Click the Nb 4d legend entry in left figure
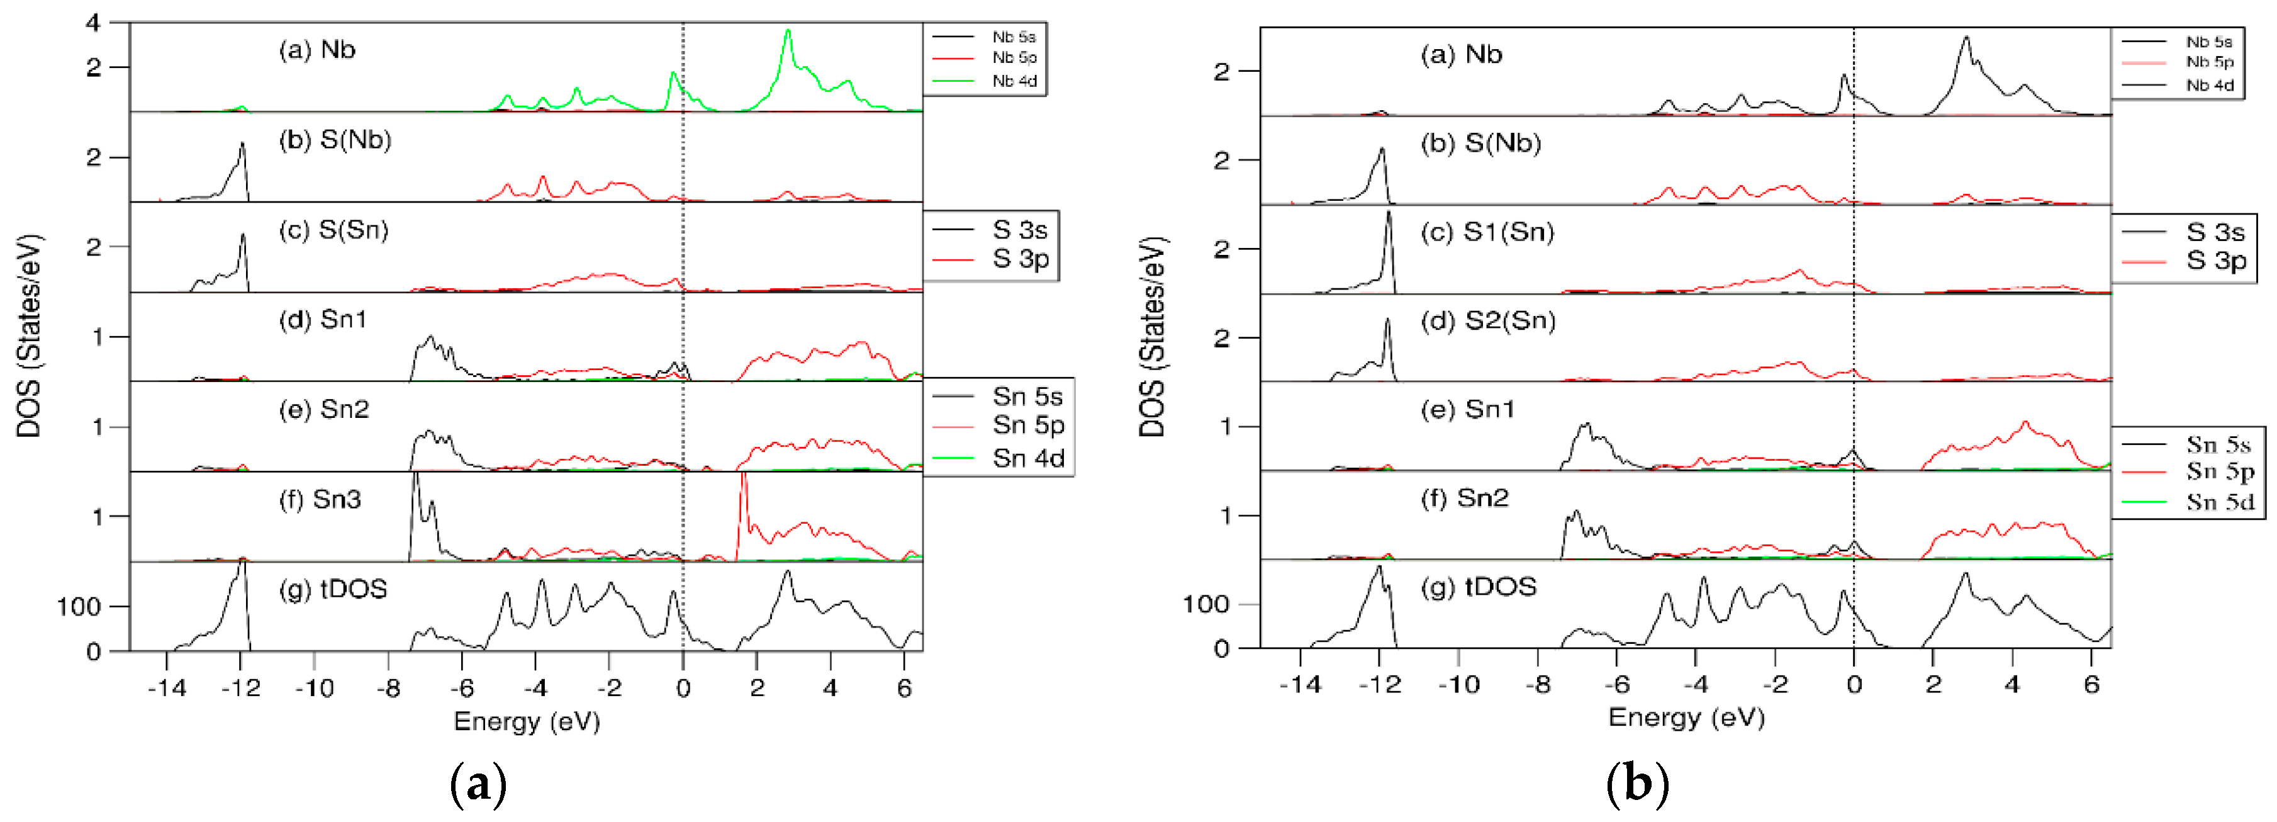[x=1013, y=81]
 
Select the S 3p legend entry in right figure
[x=2215, y=261]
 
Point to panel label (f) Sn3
[x=320, y=499]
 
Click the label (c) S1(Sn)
[x=1487, y=232]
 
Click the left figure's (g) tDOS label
[x=333, y=588]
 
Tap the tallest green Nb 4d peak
[x=788, y=32]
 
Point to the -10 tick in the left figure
[x=314, y=688]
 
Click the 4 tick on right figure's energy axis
[x=2012, y=684]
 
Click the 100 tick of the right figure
[x=1206, y=605]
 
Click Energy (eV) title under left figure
[x=527, y=721]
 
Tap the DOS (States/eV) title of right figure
[x=1152, y=336]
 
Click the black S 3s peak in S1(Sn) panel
[x=1389, y=214]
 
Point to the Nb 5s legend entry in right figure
[x=2208, y=42]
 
